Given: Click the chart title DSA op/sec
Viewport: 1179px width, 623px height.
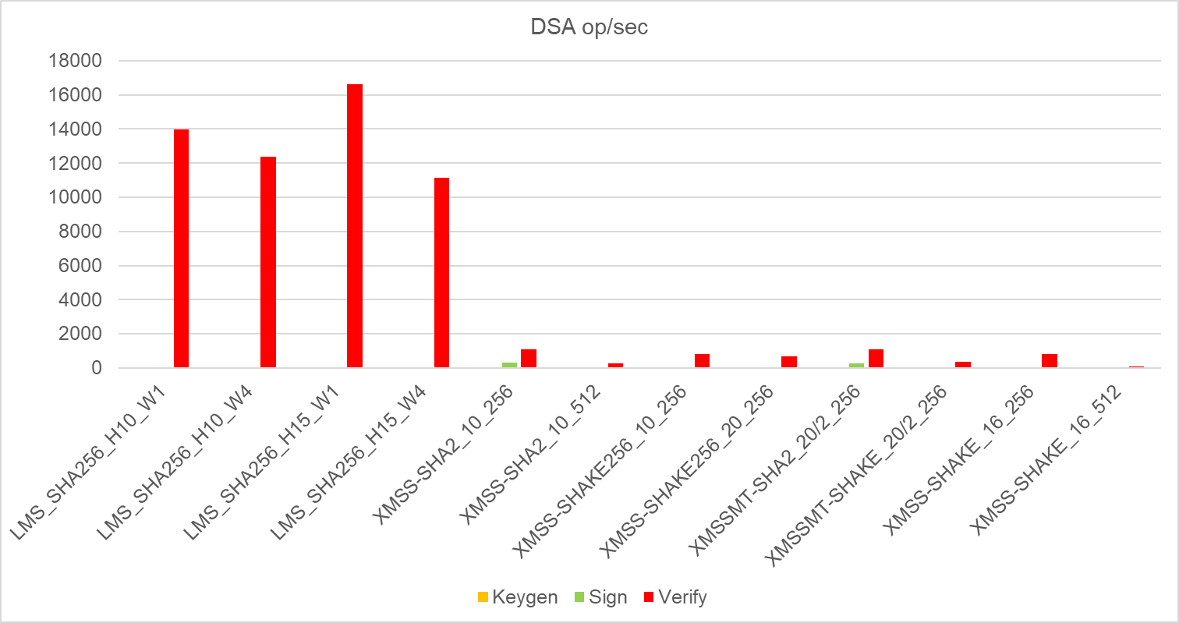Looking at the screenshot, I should click(x=589, y=27).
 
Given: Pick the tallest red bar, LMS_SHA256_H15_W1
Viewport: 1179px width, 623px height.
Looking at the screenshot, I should click(x=355, y=226).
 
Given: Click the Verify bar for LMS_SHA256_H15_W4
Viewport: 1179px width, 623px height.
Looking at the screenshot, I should click(x=441, y=273).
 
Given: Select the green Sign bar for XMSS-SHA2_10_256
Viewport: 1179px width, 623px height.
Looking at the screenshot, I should click(x=509, y=365).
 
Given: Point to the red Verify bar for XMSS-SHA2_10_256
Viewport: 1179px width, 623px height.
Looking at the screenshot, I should click(x=529, y=359).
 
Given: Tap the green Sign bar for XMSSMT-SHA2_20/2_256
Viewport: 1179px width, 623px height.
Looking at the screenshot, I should click(x=856, y=365).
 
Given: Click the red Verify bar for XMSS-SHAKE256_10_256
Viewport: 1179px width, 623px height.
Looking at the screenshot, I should click(x=702, y=361).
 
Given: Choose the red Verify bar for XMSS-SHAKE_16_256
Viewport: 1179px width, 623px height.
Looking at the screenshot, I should click(x=1050, y=361).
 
